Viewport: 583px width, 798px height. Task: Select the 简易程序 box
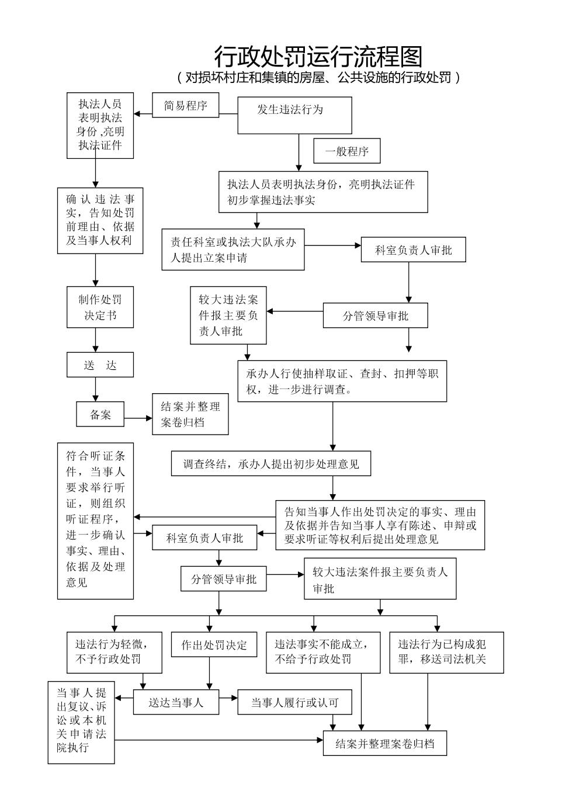pyautogui.click(x=186, y=106)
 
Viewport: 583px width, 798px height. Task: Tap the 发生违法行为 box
pyautogui.click(x=294, y=115)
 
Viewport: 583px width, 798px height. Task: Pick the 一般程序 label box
pyautogui.click(x=347, y=151)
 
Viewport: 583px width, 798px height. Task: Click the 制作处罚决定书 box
pyautogui.click(x=100, y=307)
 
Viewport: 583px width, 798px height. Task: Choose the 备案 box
pyautogui.click(x=100, y=415)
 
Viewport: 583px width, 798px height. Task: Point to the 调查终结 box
pyautogui.click(x=271, y=464)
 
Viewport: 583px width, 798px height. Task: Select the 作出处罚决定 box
pyautogui.click(x=214, y=645)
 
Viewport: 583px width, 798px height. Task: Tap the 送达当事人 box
pyautogui.click(x=176, y=702)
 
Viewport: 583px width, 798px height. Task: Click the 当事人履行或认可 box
pyautogui.click(x=294, y=702)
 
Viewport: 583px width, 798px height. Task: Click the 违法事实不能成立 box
pyautogui.click(x=322, y=652)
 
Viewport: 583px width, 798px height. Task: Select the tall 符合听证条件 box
pyautogui.click(x=95, y=521)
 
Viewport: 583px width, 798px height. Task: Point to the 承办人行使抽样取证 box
pyautogui.click(x=342, y=381)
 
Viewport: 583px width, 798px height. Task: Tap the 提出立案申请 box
pyautogui.click(x=233, y=249)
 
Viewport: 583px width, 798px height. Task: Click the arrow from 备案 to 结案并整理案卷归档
pyautogui.click(x=140, y=418)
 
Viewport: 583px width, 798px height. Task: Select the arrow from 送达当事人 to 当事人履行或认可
pyautogui.click(x=228, y=698)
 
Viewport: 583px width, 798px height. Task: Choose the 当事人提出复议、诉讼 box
pyautogui.click(x=81, y=723)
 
